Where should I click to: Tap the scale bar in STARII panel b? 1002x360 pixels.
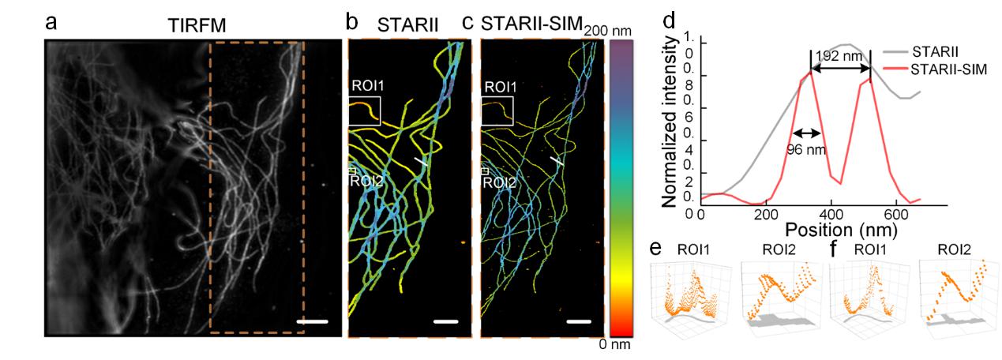click(x=445, y=321)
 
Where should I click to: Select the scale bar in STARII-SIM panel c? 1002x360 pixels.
click(x=578, y=321)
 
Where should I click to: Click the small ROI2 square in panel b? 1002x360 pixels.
click(x=353, y=171)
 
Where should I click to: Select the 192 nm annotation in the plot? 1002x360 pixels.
click(x=839, y=58)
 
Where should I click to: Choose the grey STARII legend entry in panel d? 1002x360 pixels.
click(x=935, y=52)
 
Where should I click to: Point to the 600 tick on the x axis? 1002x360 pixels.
click(x=897, y=213)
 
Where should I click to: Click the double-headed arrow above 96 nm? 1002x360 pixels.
click(x=808, y=133)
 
